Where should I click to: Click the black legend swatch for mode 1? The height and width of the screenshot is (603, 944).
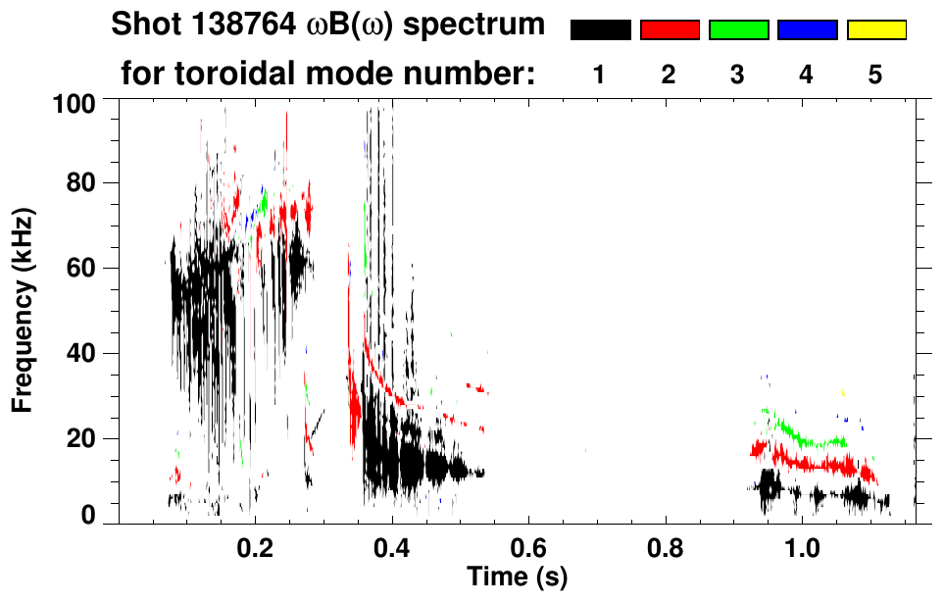coord(600,30)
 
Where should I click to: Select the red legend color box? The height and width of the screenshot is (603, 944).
coord(670,30)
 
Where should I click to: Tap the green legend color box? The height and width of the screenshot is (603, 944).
coord(738,30)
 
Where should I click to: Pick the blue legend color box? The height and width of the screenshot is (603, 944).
coord(807,30)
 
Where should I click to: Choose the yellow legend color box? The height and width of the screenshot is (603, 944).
coord(875,30)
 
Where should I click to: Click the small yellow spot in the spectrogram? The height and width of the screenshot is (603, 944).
coord(842,393)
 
